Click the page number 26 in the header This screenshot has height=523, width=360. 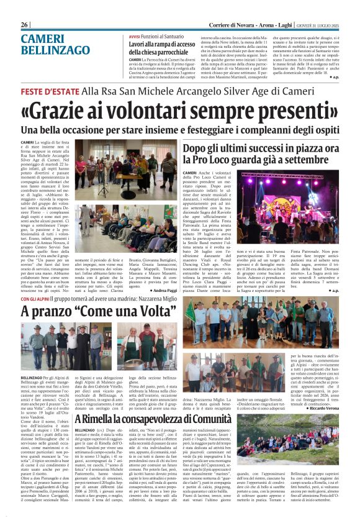pyautogui.click(x=25, y=24)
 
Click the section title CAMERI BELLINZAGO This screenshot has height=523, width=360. pyautogui.click(x=49, y=44)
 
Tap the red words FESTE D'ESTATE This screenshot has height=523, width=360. pyautogui.click(x=50, y=91)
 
